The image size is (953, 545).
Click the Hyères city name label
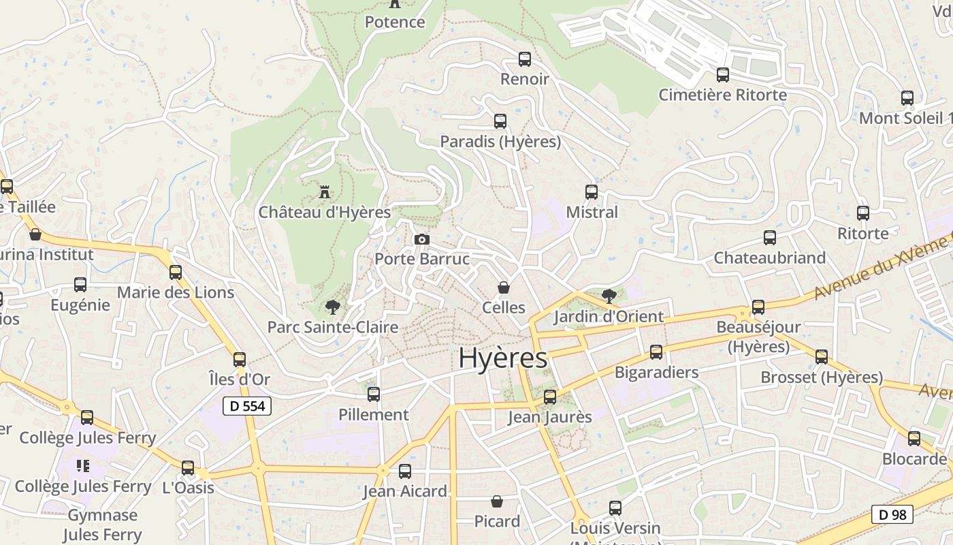[502, 358]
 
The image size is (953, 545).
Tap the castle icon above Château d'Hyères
[325, 191]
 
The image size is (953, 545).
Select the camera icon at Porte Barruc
[422, 239]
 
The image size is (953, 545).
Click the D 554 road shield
[247, 406]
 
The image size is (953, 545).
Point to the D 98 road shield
[892, 514]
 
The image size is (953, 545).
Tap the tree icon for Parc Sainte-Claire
[332, 307]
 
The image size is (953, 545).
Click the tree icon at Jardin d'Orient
[609, 296]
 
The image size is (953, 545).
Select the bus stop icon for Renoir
[524, 59]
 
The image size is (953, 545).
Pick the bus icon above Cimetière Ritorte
[722, 75]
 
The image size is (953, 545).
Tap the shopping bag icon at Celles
[504, 287]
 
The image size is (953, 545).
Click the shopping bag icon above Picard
[497, 501]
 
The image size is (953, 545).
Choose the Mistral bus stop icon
[592, 192]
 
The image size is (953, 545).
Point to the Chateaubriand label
[769, 258]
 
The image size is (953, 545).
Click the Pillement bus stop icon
[374, 394]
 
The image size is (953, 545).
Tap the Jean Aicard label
[405, 491]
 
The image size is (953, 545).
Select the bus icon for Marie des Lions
[176, 272]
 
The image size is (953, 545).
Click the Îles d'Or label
[239, 379]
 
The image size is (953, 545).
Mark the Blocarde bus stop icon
[914, 439]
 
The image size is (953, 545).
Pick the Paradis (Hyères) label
[500, 142]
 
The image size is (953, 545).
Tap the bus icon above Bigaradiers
[656, 352]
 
